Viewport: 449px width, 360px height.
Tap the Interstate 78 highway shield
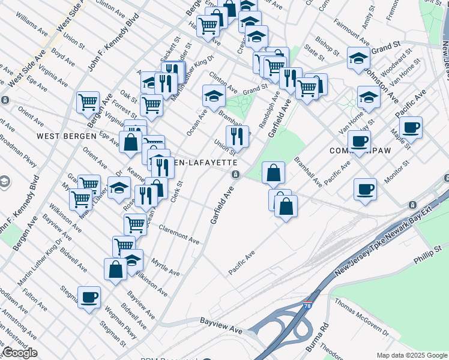pos(308,306)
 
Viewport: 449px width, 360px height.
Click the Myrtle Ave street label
pos(166,267)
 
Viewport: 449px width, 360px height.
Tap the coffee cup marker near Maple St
pos(411,127)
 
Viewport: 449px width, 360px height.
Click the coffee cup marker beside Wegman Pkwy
pos(89,297)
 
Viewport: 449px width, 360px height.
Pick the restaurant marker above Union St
pos(237,136)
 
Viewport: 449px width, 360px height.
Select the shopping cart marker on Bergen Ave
pos(88,102)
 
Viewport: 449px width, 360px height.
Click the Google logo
pos(20,352)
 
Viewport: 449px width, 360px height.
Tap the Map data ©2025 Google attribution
pos(411,355)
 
